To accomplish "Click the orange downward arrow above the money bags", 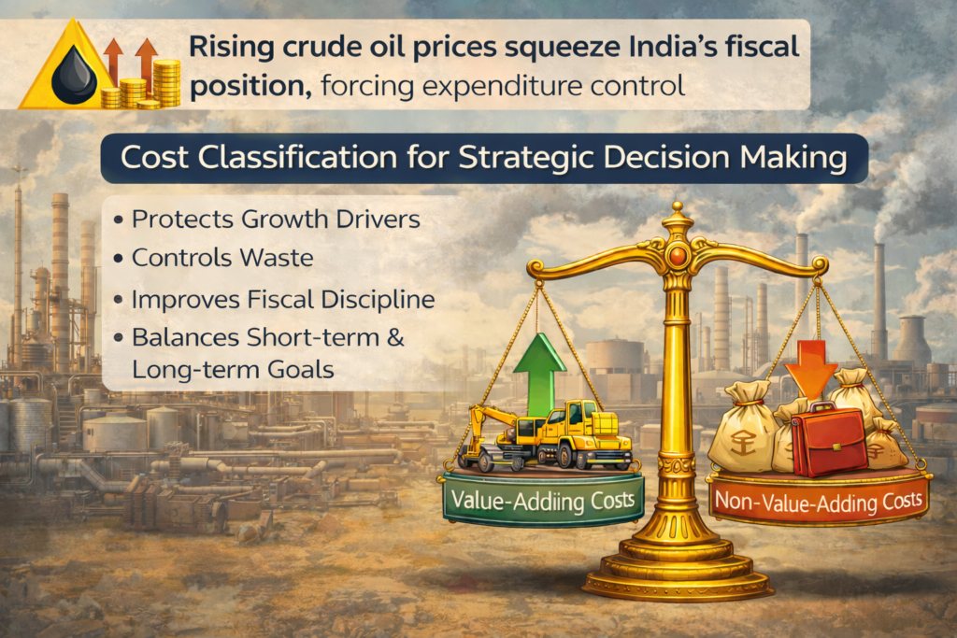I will tap(810, 364).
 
